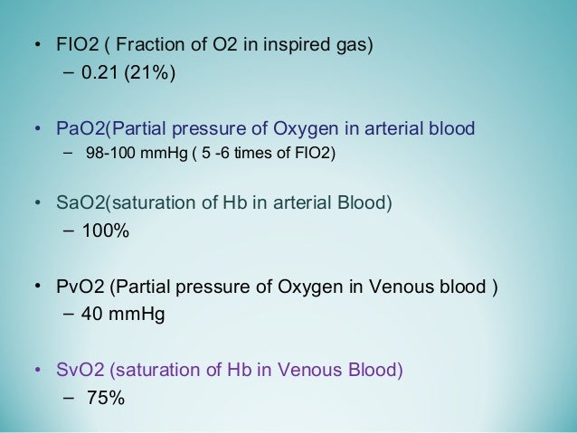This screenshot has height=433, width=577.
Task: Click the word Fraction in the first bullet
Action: point(151,44)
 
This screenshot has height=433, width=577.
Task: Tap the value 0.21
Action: point(99,73)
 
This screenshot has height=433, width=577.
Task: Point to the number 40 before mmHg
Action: point(92,317)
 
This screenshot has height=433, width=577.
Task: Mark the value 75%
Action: point(106,398)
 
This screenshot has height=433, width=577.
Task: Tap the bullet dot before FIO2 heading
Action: point(36,45)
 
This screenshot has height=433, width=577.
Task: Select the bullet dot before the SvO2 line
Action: point(36,370)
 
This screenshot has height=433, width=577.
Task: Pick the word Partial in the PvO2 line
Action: point(138,288)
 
